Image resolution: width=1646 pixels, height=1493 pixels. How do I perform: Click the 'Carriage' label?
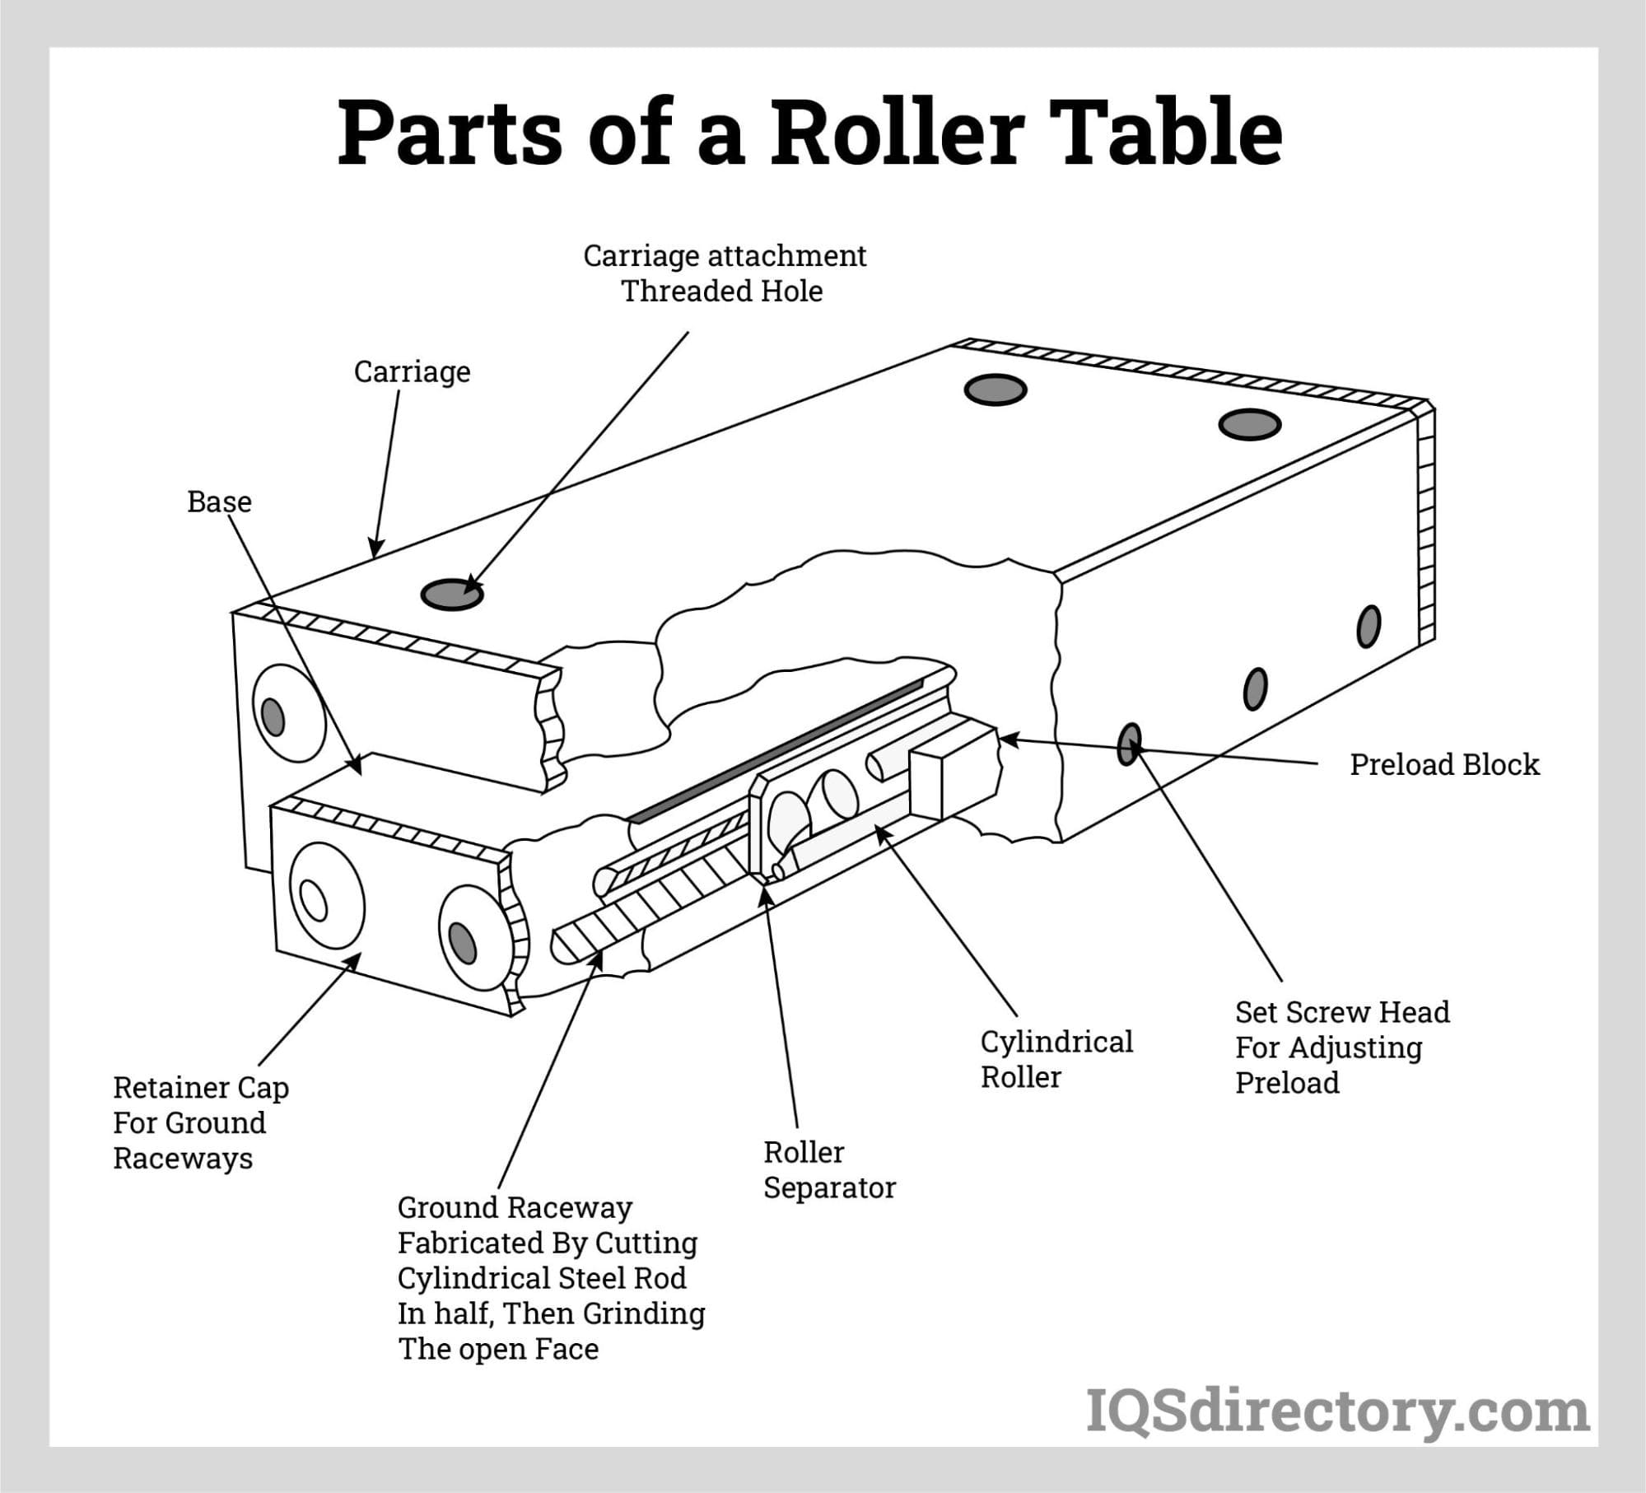click(x=412, y=371)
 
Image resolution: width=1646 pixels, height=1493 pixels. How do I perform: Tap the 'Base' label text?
click(x=219, y=502)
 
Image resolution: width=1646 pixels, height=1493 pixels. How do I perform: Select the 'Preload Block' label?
click(x=1444, y=764)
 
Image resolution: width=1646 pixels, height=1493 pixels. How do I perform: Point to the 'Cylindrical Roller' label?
click(x=1056, y=1059)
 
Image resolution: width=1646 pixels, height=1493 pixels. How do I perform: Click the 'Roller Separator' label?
click(x=829, y=1169)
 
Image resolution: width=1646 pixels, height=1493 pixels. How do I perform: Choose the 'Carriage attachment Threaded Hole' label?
click(x=724, y=273)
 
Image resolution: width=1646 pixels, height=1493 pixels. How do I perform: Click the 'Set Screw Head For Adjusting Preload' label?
click(x=1342, y=1047)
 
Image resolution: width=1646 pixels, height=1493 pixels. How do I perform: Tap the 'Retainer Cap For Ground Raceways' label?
click(x=201, y=1122)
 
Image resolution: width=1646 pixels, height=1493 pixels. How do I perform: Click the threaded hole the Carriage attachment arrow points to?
click(x=452, y=594)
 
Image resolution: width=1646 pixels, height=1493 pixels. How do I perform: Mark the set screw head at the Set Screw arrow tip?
click(x=1131, y=744)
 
